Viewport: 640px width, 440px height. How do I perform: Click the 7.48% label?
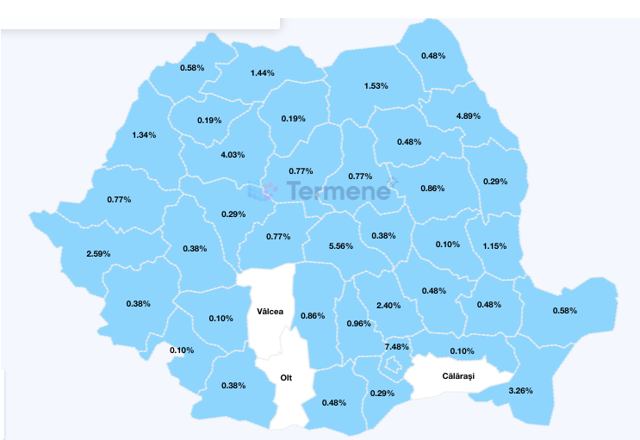point(396,347)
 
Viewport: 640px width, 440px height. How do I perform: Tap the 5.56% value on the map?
point(341,245)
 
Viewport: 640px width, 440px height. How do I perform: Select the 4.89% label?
point(468,116)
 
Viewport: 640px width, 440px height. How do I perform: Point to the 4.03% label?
point(233,155)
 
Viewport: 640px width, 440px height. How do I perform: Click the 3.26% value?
point(520,391)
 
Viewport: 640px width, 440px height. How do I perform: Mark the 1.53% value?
point(376,86)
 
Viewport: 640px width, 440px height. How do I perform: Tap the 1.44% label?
point(262,73)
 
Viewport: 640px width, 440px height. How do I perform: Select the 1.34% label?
point(145,135)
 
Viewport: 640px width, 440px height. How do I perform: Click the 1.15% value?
point(494,246)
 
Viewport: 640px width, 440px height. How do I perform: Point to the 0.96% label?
point(358,324)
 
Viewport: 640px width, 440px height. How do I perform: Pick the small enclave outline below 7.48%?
point(394,366)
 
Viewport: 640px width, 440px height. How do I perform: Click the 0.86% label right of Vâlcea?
point(313,316)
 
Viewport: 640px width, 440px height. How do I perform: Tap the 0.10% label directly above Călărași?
point(463,351)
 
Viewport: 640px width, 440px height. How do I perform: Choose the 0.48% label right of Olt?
point(334,403)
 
